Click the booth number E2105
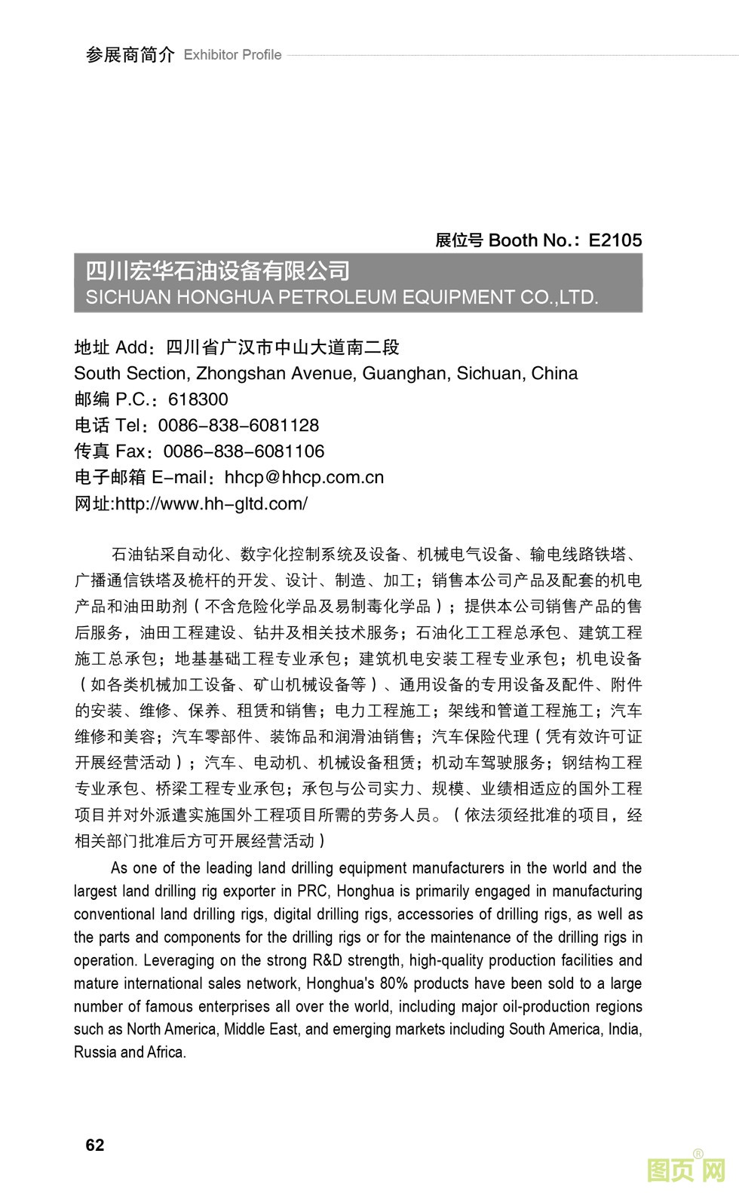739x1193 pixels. [615, 240]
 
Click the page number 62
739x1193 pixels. [95, 1145]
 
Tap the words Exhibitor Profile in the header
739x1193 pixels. [232, 55]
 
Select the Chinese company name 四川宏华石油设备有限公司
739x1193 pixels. [217, 271]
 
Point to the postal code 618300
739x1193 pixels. [198, 399]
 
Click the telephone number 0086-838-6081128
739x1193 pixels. [238, 425]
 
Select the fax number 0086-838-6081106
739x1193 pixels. [244, 451]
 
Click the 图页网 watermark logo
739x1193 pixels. [686, 1169]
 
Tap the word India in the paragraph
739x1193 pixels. [622, 1029]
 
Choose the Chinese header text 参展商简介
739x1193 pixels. [130, 55]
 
